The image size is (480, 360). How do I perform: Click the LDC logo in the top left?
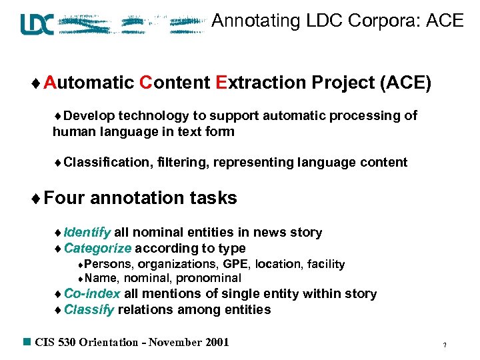pos(37,24)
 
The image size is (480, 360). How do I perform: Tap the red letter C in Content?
pos(146,83)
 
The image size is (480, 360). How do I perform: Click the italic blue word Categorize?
pos(98,249)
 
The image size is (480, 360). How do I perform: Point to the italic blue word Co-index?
pos(92,294)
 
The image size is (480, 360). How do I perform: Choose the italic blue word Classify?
pos(89,310)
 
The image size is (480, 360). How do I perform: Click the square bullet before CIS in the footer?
pos(27,342)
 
